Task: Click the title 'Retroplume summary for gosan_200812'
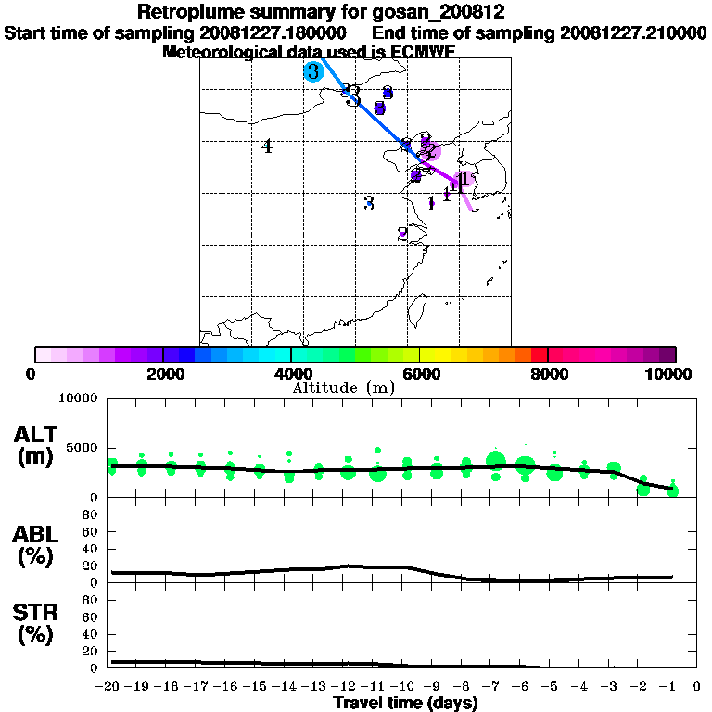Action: pyautogui.click(x=320, y=13)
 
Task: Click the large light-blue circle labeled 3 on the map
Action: pyautogui.click(x=313, y=71)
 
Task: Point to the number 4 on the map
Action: pyautogui.click(x=267, y=146)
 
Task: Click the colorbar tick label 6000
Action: pyautogui.click(x=420, y=374)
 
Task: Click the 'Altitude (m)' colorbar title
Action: pyautogui.click(x=344, y=388)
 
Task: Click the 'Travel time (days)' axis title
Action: pyautogui.click(x=405, y=703)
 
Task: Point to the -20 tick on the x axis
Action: pyautogui.click(x=110, y=687)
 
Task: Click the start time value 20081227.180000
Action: pyautogui.click(x=273, y=32)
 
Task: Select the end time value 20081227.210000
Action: pyautogui.click(x=633, y=32)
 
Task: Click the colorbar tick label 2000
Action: pyautogui.click(x=162, y=374)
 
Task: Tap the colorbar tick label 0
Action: pyautogui.click(x=33, y=374)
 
